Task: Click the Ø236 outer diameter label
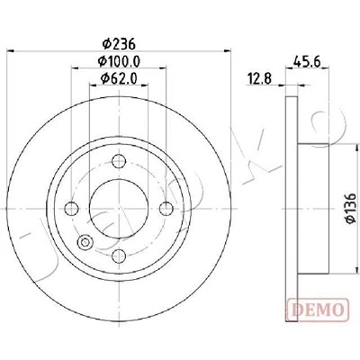pyautogui.click(x=119, y=44)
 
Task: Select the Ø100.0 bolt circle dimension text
pyautogui.click(x=119, y=61)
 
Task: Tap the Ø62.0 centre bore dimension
pyautogui.click(x=119, y=78)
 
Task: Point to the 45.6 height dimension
pyautogui.click(x=307, y=62)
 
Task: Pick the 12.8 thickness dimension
pyautogui.click(x=259, y=79)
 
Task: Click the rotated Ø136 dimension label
pyautogui.click(x=350, y=208)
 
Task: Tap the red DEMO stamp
pyautogui.click(x=318, y=310)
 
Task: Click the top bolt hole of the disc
pyautogui.click(x=119, y=161)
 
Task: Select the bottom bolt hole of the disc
pyautogui.click(x=119, y=256)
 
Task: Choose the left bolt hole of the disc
pyautogui.click(x=72, y=209)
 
